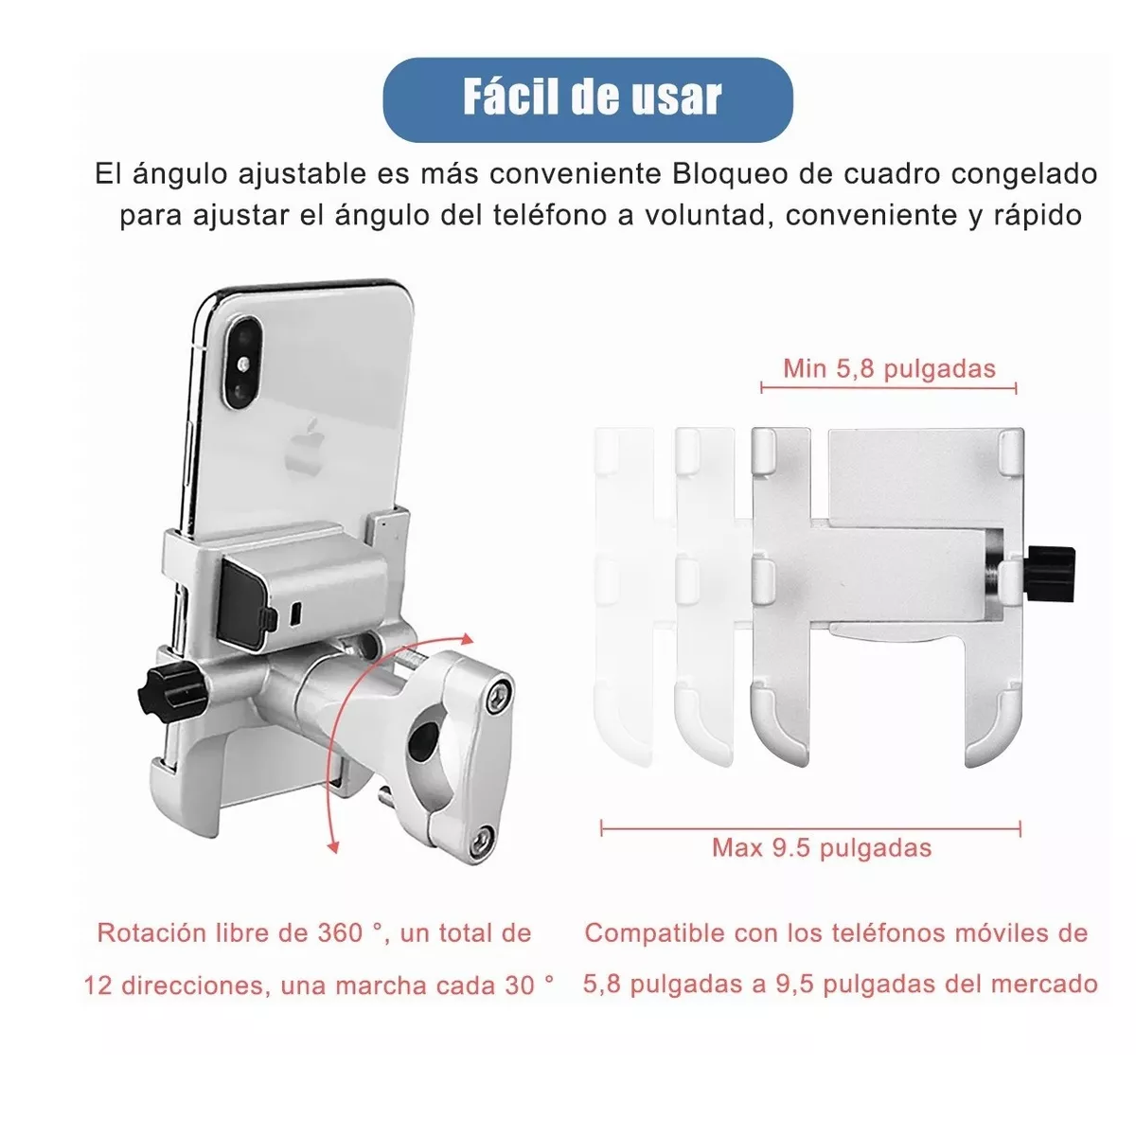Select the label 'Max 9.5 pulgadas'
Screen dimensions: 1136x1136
[x=821, y=847]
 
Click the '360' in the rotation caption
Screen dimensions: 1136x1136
[x=339, y=933]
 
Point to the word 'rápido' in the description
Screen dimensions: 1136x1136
[x=1037, y=215]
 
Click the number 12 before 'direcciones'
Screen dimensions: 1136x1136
[x=98, y=985]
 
